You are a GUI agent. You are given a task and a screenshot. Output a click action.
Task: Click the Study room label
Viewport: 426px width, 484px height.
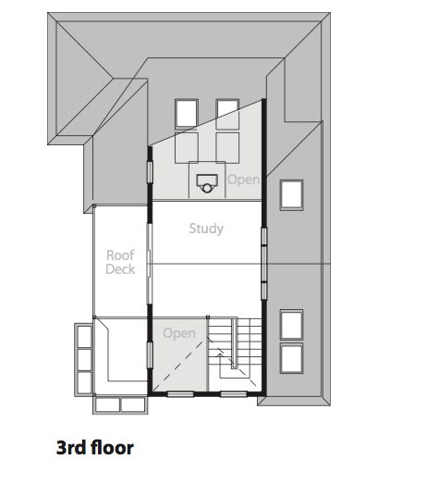pyautogui.click(x=206, y=229)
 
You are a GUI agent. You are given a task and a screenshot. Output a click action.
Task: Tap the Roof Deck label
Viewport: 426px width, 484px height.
pyautogui.click(x=120, y=262)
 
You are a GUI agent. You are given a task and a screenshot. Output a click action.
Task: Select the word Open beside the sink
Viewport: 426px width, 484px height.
pyautogui.click(x=244, y=180)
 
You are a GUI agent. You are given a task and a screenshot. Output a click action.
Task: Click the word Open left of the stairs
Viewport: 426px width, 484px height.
pyautogui.click(x=179, y=333)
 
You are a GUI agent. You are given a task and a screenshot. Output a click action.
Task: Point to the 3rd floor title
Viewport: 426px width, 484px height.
pyautogui.click(x=95, y=448)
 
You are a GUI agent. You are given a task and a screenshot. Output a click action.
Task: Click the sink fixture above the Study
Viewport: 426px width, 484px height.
pyautogui.click(x=207, y=183)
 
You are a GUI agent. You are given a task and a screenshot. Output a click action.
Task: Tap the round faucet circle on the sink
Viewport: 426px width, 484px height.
pyautogui.click(x=206, y=188)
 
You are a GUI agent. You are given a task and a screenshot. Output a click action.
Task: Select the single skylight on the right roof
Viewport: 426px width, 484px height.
pyautogui.click(x=291, y=195)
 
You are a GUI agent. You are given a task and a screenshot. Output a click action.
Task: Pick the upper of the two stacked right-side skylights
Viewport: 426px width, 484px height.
pyautogui.click(x=291, y=325)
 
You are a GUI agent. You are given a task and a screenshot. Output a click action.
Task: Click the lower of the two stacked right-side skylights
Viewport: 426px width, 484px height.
pyautogui.click(x=291, y=358)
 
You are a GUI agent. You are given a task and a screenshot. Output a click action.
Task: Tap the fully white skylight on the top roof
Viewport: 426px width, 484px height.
pyautogui.click(x=187, y=114)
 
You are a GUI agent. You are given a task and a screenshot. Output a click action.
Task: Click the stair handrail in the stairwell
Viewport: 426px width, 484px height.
pyautogui.click(x=235, y=344)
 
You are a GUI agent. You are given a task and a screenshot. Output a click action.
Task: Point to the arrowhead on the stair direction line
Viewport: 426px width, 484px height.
pyautogui.click(x=220, y=355)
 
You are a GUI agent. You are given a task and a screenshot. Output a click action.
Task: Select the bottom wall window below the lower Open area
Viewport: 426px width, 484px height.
pyautogui.click(x=180, y=394)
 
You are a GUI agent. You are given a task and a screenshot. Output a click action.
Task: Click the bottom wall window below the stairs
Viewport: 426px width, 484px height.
pyautogui.click(x=234, y=394)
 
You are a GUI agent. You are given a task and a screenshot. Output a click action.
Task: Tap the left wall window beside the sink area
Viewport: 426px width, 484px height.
pyautogui.click(x=150, y=172)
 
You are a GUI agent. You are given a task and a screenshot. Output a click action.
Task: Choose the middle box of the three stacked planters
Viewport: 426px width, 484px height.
pyautogui.click(x=84, y=360)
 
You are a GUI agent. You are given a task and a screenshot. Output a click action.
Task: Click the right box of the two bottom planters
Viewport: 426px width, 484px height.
pyautogui.click(x=132, y=404)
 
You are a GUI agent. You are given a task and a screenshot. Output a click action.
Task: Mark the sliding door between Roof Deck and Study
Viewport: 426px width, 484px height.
pyautogui.click(x=149, y=265)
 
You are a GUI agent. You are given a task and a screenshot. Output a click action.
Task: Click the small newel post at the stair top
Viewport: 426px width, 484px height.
pyautogui.click(x=208, y=317)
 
